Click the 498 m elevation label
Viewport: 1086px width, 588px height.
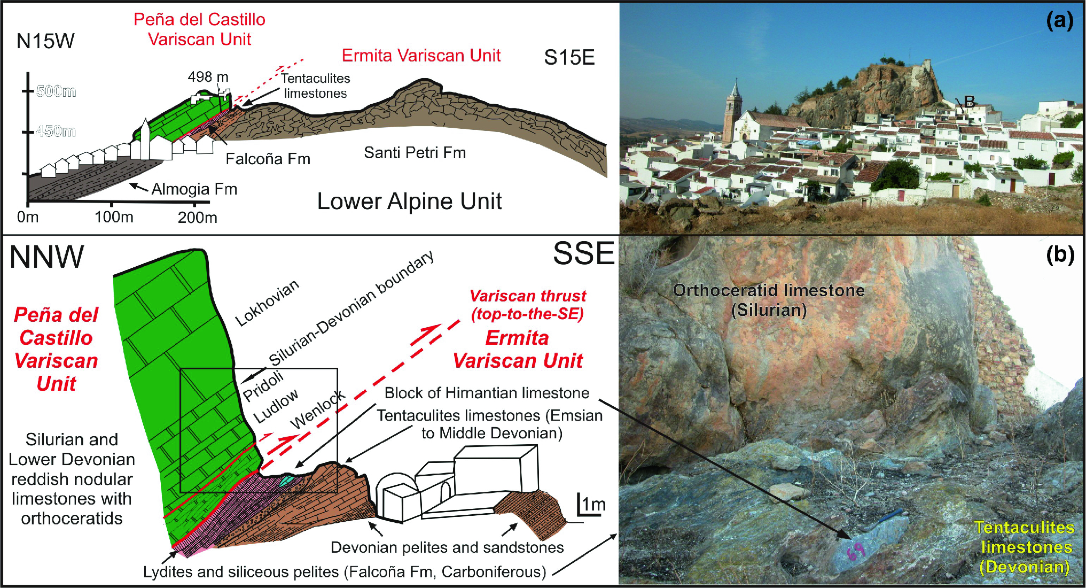click(x=208, y=77)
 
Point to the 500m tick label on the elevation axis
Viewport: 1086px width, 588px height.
click(x=56, y=91)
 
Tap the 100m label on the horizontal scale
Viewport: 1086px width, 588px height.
click(x=114, y=217)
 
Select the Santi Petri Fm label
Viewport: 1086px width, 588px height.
click(x=415, y=153)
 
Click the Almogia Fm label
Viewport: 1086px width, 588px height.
click(x=194, y=189)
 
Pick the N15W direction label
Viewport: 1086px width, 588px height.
click(x=45, y=41)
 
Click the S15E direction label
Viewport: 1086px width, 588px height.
click(x=569, y=57)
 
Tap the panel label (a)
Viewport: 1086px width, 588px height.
click(x=1059, y=21)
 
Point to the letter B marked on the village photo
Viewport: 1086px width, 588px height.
click(x=969, y=101)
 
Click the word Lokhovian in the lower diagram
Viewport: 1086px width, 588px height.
click(x=267, y=303)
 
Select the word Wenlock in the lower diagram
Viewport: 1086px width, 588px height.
click(x=317, y=409)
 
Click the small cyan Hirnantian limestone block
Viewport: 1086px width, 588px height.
click(x=286, y=480)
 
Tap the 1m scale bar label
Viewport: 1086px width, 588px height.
click(x=593, y=504)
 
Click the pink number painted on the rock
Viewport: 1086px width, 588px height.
click(x=856, y=551)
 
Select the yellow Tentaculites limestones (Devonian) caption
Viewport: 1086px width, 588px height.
click(x=1025, y=547)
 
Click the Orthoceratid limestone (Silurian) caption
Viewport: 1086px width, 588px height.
click(x=768, y=300)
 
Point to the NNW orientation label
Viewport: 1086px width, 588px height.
click(x=46, y=257)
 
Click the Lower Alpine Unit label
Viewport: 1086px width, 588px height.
click(x=409, y=202)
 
